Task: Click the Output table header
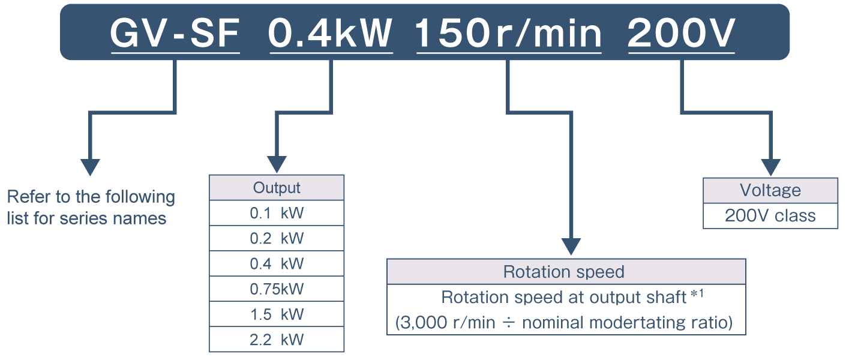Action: point(277,188)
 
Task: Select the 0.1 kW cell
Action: point(277,213)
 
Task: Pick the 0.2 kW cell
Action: point(277,238)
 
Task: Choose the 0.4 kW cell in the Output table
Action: point(277,263)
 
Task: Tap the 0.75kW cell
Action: point(277,289)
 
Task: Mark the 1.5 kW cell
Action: point(277,314)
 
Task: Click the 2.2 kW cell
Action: point(277,340)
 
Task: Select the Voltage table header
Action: point(770,190)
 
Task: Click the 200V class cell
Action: point(770,215)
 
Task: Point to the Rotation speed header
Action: point(566,272)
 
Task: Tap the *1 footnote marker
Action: point(697,293)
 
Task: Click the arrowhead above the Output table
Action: point(277,164)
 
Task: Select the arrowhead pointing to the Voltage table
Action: point(770,167)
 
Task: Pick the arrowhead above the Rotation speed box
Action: point(571,247)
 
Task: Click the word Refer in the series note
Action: point(28,196)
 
